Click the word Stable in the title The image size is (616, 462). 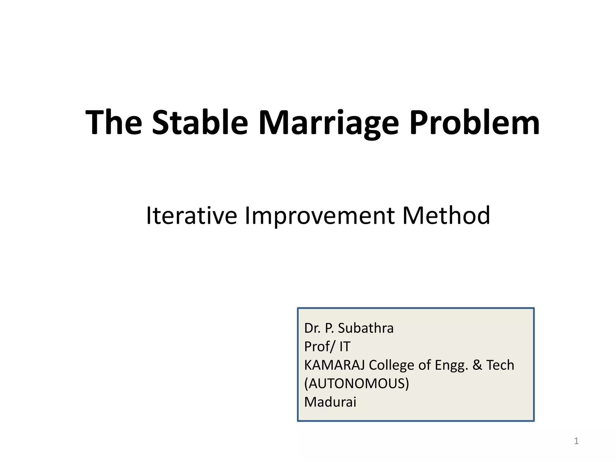[x=200, y=122]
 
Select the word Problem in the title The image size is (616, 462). [x=474, y=122]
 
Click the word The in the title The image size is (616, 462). [x=114, y=122]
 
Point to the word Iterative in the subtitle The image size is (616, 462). [x=191, y=215]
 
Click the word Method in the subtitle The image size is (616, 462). [x=446, y=215]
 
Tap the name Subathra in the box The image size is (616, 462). [x=365, y=328]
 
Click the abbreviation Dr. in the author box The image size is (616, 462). [x=313, y=328]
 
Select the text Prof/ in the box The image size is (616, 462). [x=319, y=346]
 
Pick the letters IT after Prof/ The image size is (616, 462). [x=345, y=346]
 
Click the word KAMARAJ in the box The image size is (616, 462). [x=334, y=365]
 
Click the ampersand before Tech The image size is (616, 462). [x=477, y=365]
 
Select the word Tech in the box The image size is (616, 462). [x=500, y=365]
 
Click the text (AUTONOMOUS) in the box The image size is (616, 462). [x=356, y=383]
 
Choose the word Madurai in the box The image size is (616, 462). [x=330, y=402]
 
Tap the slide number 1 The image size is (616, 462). [x=576, y=441]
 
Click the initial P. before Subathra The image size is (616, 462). [x=329, y=328]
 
